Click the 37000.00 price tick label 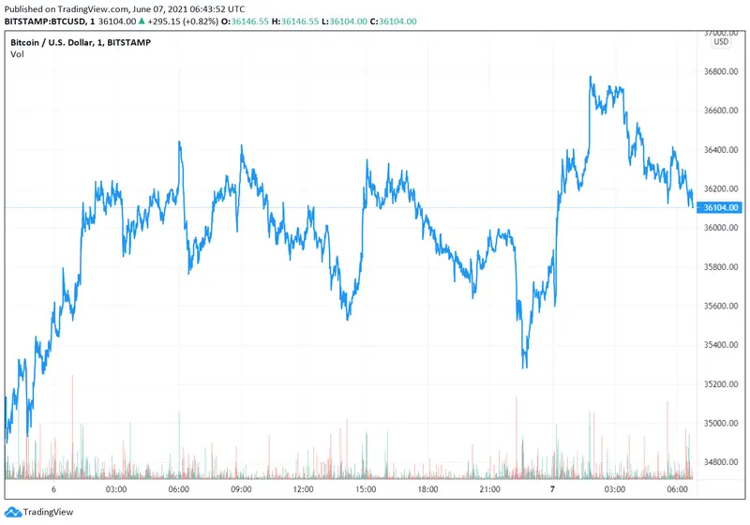coord(721,32)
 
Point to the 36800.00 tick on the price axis coord(721,71)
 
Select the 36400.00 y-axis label coord(721,150)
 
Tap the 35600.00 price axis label coord(721,307)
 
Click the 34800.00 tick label coord(721,462)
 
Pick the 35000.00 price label coord(721,424)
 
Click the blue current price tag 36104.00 coord(721,207)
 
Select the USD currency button coord(721,42)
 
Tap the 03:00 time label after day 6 coord(116,489)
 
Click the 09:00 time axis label coord(241,489)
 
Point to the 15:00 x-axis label coord(366,489)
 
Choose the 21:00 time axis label coord(490,489)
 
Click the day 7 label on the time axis coord(552,489)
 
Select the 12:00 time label coord(303,489)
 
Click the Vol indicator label coord(17,54)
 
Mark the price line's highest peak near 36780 coord(591,77)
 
